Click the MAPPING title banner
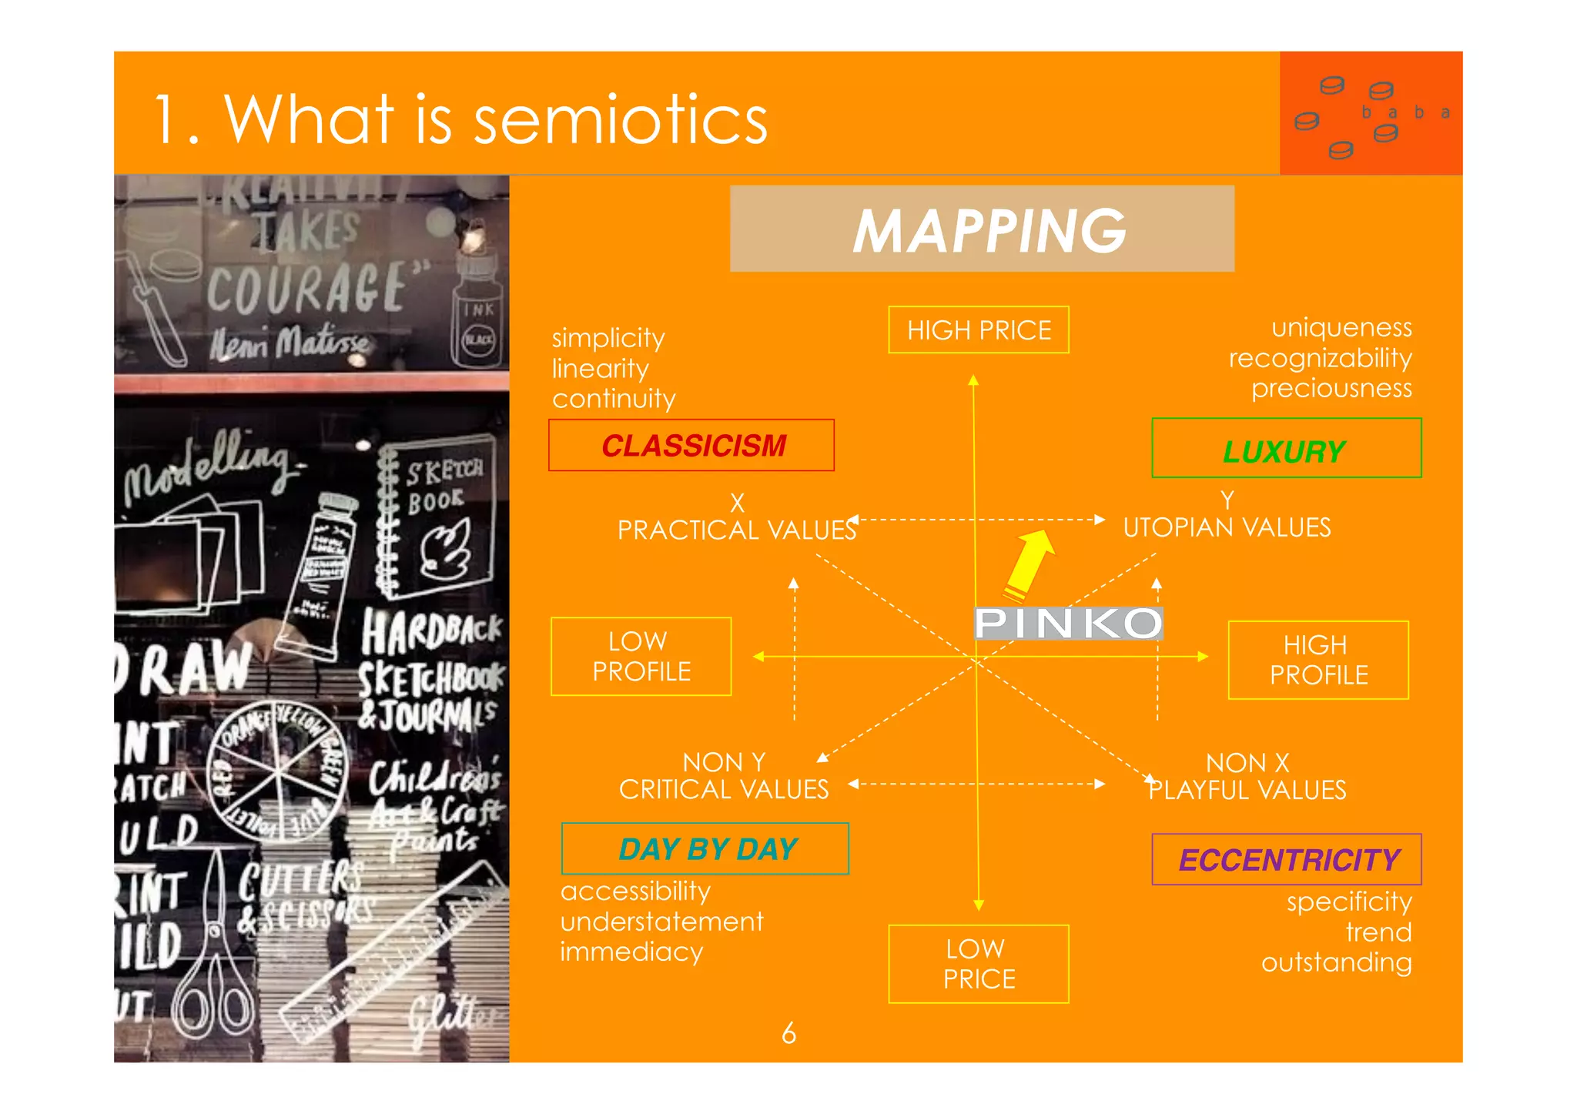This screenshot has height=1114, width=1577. point(982,229)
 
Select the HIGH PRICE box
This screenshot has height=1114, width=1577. point(978,330)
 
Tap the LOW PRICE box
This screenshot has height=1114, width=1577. point(978,964)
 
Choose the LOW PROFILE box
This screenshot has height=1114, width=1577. point(641,657)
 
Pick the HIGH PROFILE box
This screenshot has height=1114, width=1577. point(1318,660)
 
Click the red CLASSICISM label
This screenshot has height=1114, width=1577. point(691,445)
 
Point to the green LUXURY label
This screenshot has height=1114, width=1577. point(1285,450)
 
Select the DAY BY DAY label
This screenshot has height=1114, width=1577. point(705,848)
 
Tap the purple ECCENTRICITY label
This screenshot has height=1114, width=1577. point(1287,859)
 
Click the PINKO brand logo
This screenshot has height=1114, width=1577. point(1068,623)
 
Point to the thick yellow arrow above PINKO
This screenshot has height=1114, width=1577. point(1030,564)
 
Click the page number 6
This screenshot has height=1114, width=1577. point(788,1032)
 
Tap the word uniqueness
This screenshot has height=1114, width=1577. point(1341,328)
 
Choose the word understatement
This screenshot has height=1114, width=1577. point(661,922)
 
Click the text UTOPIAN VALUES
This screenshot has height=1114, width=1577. point(1227,527)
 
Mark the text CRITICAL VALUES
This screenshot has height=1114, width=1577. point(724,789)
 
